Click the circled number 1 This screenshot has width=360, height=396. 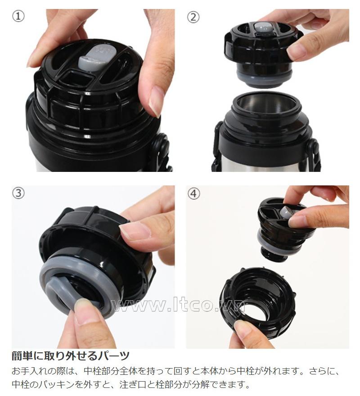pos(18,16)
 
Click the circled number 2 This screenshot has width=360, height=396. pos(193,17)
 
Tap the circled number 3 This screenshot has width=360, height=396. pos(18,193)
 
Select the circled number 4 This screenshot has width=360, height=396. pos(193,194)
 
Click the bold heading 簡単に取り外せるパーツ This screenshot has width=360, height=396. pos(71,356)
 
